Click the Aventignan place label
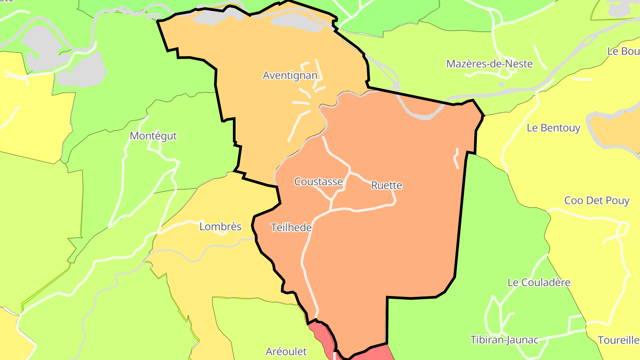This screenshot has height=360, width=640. click(290, 75)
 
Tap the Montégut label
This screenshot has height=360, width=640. click(153, 136)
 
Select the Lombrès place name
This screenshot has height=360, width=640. click(220, 227)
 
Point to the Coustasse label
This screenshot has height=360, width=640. click(319, 182)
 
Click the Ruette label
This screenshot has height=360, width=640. click(386, 185)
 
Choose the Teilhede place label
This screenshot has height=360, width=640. click(291, 228)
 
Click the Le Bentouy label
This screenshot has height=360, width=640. click(553, 128)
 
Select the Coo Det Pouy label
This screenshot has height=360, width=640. click(597, 200)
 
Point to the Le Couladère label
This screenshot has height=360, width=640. click(539, 283)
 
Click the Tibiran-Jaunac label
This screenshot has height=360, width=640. click(504, 340)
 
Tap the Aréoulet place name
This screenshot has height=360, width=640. click(286, 352)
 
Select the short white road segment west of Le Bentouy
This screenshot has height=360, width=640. click(456, 159)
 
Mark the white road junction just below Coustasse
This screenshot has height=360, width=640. click(331, 200)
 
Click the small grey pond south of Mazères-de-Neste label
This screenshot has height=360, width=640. click(502, 84)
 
